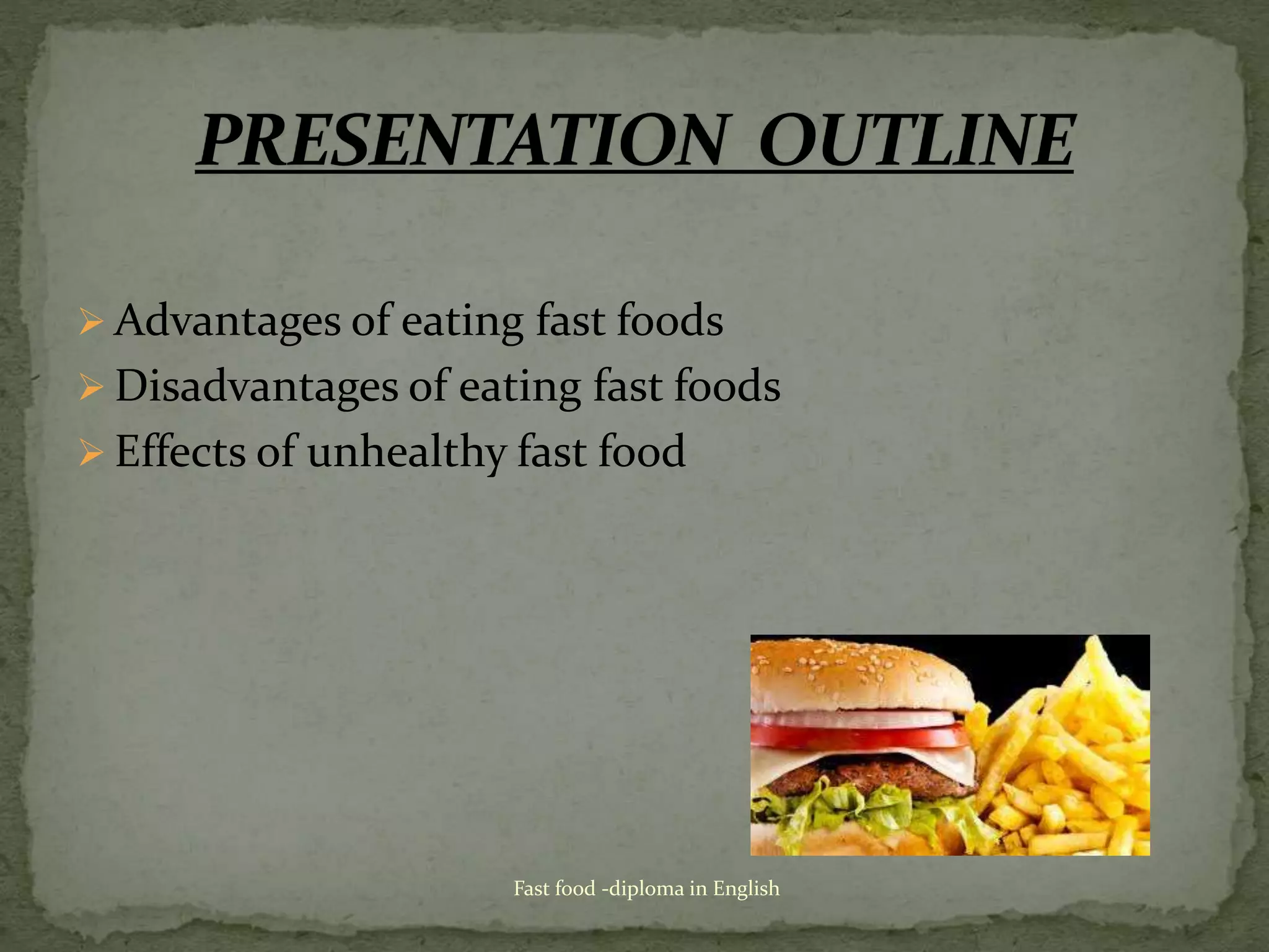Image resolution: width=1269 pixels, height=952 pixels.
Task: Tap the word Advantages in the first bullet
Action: (227, 322)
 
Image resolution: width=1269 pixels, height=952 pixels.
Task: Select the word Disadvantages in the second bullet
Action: (256, 387)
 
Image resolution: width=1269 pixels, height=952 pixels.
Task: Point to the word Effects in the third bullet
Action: (180, 451)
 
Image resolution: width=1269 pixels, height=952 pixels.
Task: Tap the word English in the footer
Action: (746, 889)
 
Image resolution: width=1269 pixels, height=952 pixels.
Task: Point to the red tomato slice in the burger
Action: (861, 737)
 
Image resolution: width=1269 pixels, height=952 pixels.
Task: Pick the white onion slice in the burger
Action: (855, 719)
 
